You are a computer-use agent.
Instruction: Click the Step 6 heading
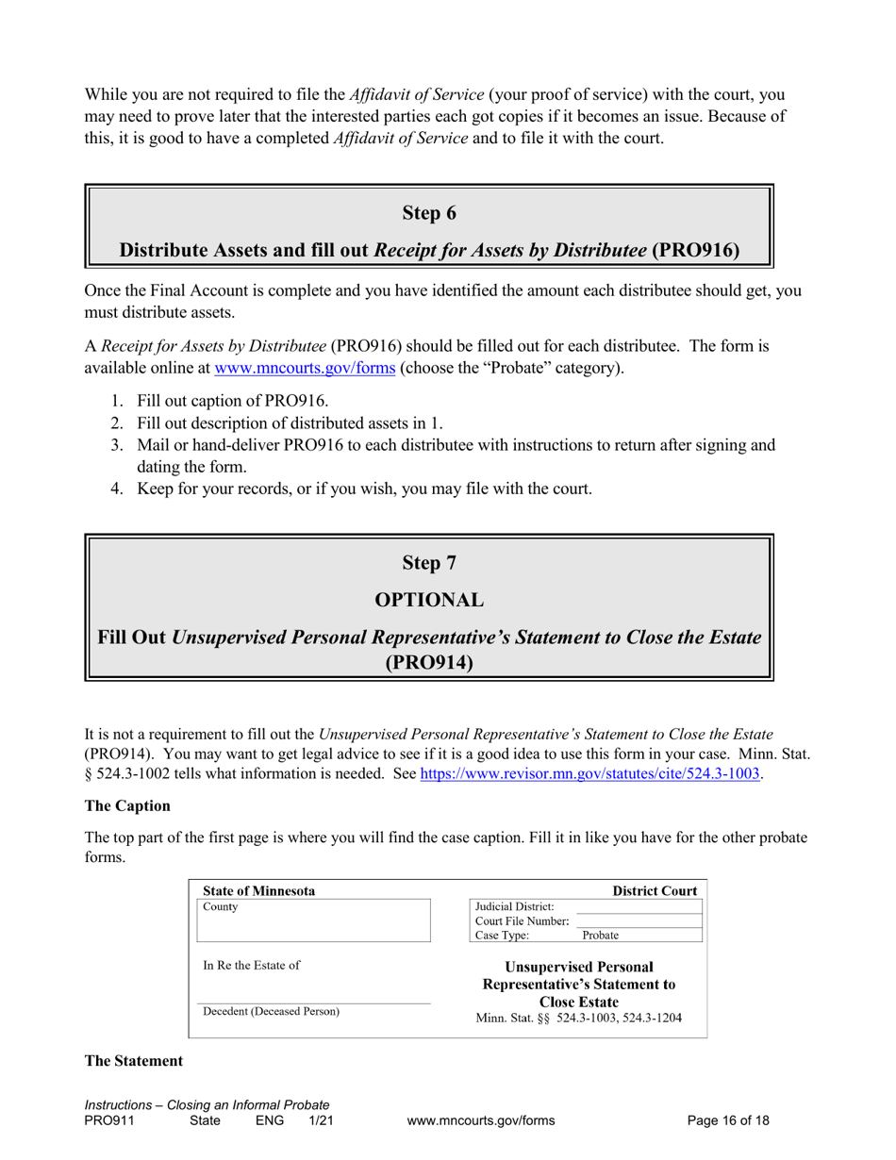(x=429, y=213)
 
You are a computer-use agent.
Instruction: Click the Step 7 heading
(x=429, y=563)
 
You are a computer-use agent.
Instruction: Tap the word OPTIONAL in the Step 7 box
(x=429, y=600)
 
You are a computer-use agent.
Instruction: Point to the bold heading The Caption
(x=127, y=806)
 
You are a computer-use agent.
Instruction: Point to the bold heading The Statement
(x=134, y=1061)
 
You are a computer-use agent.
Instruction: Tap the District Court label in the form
(x=655, y=891)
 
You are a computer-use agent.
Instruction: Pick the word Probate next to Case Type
(x=600, y=936)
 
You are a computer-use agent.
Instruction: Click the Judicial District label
(x=514, y=906)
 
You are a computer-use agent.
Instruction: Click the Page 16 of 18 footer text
(x=728, y=1120)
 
